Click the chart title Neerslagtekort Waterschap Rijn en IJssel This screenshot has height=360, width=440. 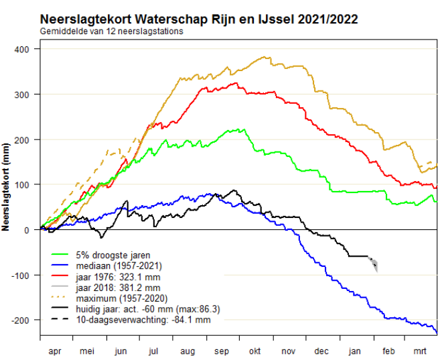point(198,19)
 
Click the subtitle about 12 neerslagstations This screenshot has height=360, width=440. point(112,32)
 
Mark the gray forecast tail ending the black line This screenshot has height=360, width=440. point(374,264)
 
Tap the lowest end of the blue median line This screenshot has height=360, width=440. point(436,333)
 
